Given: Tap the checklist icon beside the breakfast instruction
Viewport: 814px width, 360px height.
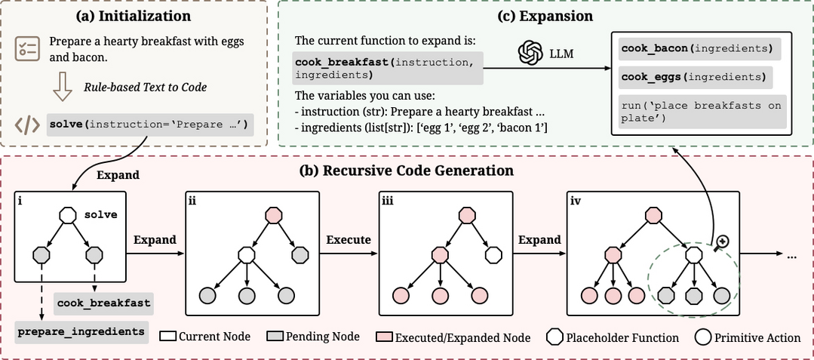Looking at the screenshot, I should (x=26, y=50).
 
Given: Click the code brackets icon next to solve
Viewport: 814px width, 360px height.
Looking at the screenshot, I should (x=28, y=125).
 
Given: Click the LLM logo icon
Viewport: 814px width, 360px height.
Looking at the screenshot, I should (x=531, y=52).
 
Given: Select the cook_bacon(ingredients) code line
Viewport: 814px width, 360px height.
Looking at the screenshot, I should (x=696, y=49).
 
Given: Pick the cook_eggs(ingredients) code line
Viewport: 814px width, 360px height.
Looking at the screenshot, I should (x=693, y=77).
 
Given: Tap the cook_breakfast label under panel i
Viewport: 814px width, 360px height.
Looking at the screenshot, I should (x=103, y=303).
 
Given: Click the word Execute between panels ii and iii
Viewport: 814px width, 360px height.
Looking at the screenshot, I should (x=348, y=239).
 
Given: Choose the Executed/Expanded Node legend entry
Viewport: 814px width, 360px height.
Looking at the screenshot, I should (x=453, y=337).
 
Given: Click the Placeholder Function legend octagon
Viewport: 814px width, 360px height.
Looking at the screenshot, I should (x=554, y=337).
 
